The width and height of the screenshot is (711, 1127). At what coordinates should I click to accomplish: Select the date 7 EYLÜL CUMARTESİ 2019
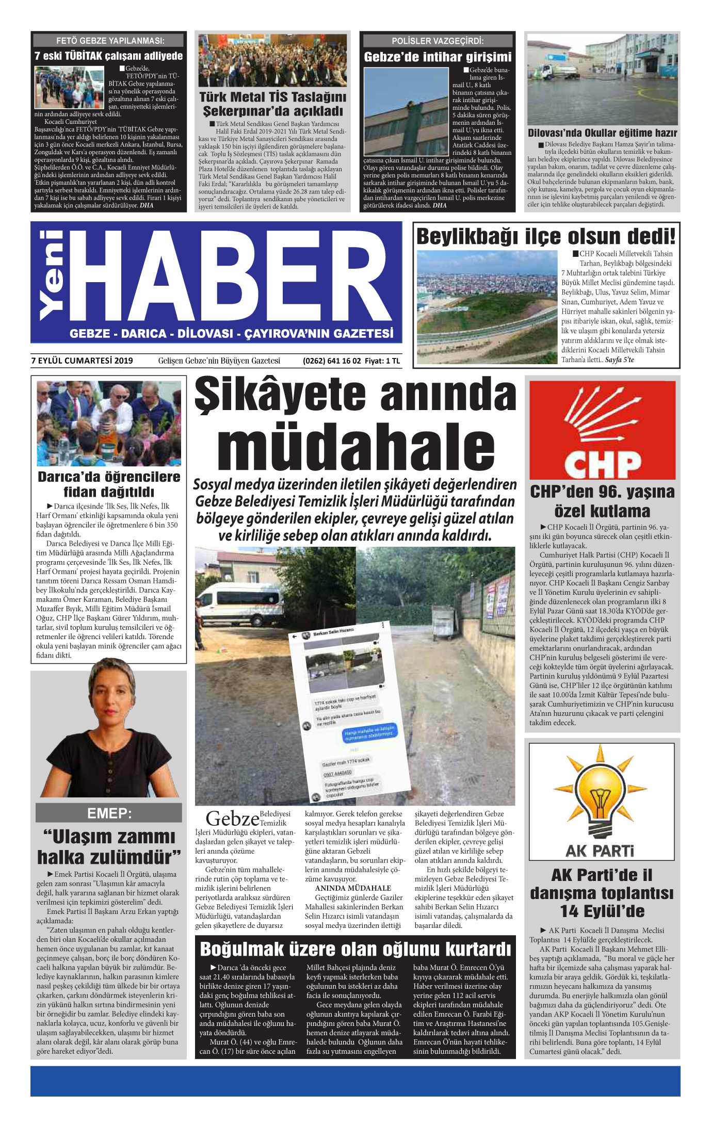point(82,361)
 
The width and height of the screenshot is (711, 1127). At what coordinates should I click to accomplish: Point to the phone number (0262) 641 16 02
point(331,361)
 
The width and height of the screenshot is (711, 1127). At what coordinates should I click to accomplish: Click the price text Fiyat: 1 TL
point(382,361)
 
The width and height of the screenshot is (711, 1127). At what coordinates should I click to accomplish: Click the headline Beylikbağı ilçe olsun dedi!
point(545,237)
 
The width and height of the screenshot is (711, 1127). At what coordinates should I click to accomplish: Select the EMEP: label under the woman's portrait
point(109,813)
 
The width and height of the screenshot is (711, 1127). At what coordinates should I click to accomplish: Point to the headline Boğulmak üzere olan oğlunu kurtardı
point(355,949)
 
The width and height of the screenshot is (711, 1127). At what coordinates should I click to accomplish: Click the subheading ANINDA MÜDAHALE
point(353,888)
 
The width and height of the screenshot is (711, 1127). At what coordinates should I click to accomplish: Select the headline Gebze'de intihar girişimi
point(438,57)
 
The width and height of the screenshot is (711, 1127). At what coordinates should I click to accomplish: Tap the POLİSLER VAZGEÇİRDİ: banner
point(438,41)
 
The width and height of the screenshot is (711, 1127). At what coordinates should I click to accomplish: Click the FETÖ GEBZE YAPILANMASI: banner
point(109,40)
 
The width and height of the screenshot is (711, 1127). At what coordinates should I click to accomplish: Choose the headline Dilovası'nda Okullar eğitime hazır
point(602,133)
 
